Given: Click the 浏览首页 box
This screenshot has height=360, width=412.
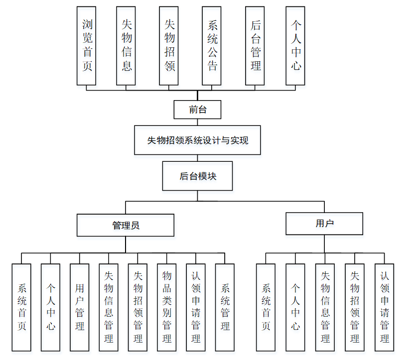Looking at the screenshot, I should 87,45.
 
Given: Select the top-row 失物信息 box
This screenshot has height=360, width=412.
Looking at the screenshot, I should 126,45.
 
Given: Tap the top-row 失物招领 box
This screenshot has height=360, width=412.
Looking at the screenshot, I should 169,45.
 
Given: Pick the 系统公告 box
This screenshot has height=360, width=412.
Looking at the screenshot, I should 212,45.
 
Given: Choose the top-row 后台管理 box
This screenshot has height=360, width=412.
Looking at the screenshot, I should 256,45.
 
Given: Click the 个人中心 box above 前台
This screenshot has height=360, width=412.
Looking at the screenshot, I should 296,45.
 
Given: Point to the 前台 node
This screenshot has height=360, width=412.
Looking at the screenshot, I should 197,110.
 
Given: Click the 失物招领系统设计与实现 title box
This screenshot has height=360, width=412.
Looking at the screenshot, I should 197,140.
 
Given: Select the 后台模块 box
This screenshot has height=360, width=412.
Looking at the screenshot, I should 197,176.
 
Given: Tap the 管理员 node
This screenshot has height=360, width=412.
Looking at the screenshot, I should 126,225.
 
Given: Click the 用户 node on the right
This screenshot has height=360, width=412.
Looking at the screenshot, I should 324,224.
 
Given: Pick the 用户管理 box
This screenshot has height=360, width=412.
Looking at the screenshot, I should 80,307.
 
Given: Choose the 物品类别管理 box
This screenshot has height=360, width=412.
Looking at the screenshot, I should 167,307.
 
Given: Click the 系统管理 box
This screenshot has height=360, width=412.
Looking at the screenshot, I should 225,307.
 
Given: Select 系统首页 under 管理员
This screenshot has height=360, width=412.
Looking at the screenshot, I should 21,307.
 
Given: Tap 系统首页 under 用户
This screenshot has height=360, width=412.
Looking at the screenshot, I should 266,307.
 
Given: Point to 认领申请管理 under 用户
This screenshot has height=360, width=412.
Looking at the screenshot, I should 384,307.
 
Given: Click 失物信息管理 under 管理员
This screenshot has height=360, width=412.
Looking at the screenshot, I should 109,307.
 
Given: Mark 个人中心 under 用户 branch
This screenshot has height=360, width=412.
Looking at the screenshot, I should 295,307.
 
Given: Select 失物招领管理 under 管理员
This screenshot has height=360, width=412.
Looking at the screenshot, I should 137,307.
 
